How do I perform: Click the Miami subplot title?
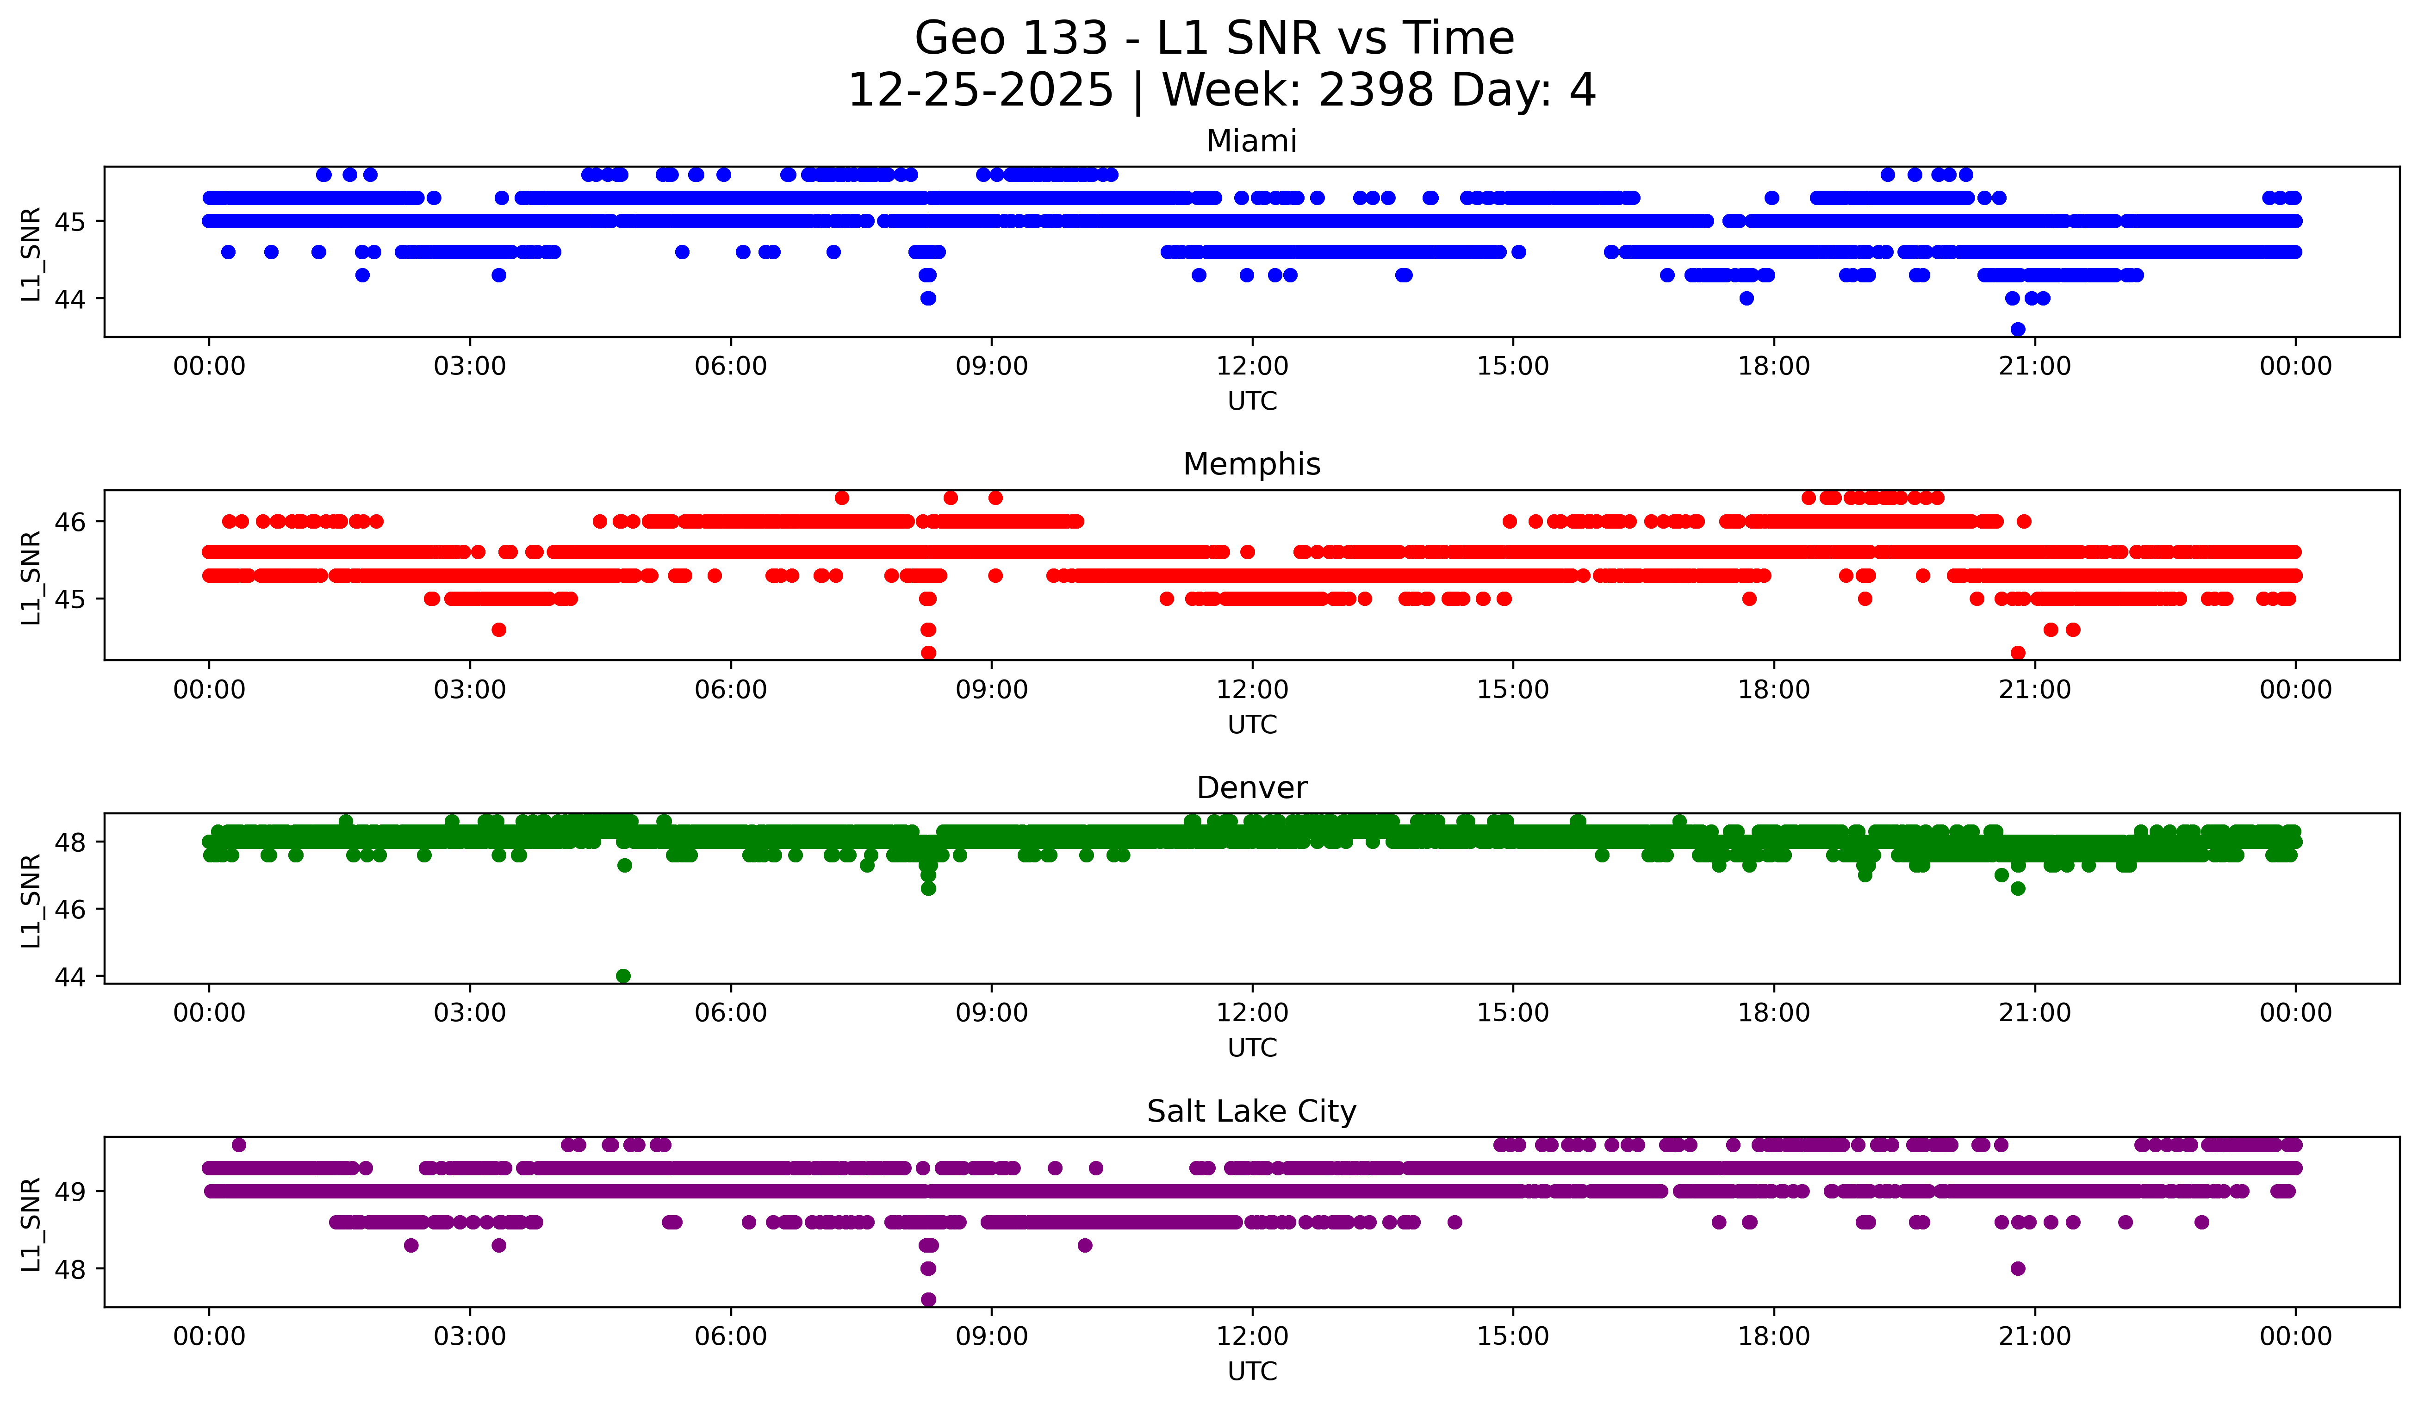[x=1251, y=141]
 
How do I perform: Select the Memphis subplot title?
[x=1251, y=464]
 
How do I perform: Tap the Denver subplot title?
[x=1251, y=788]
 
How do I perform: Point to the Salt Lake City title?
[x=1251, y=1111]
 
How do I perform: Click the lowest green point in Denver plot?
[x=623, y=976]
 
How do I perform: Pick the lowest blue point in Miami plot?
[x=2018, y=329]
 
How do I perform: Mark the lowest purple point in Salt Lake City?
[x=928, y=1299]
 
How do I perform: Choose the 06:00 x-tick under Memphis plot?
[x=730, y=690]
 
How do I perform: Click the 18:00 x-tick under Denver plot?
[x=1773, y=1013]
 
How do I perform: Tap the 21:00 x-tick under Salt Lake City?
[x=2034, y=1337]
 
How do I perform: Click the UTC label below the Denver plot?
[x=1251, y=1048]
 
